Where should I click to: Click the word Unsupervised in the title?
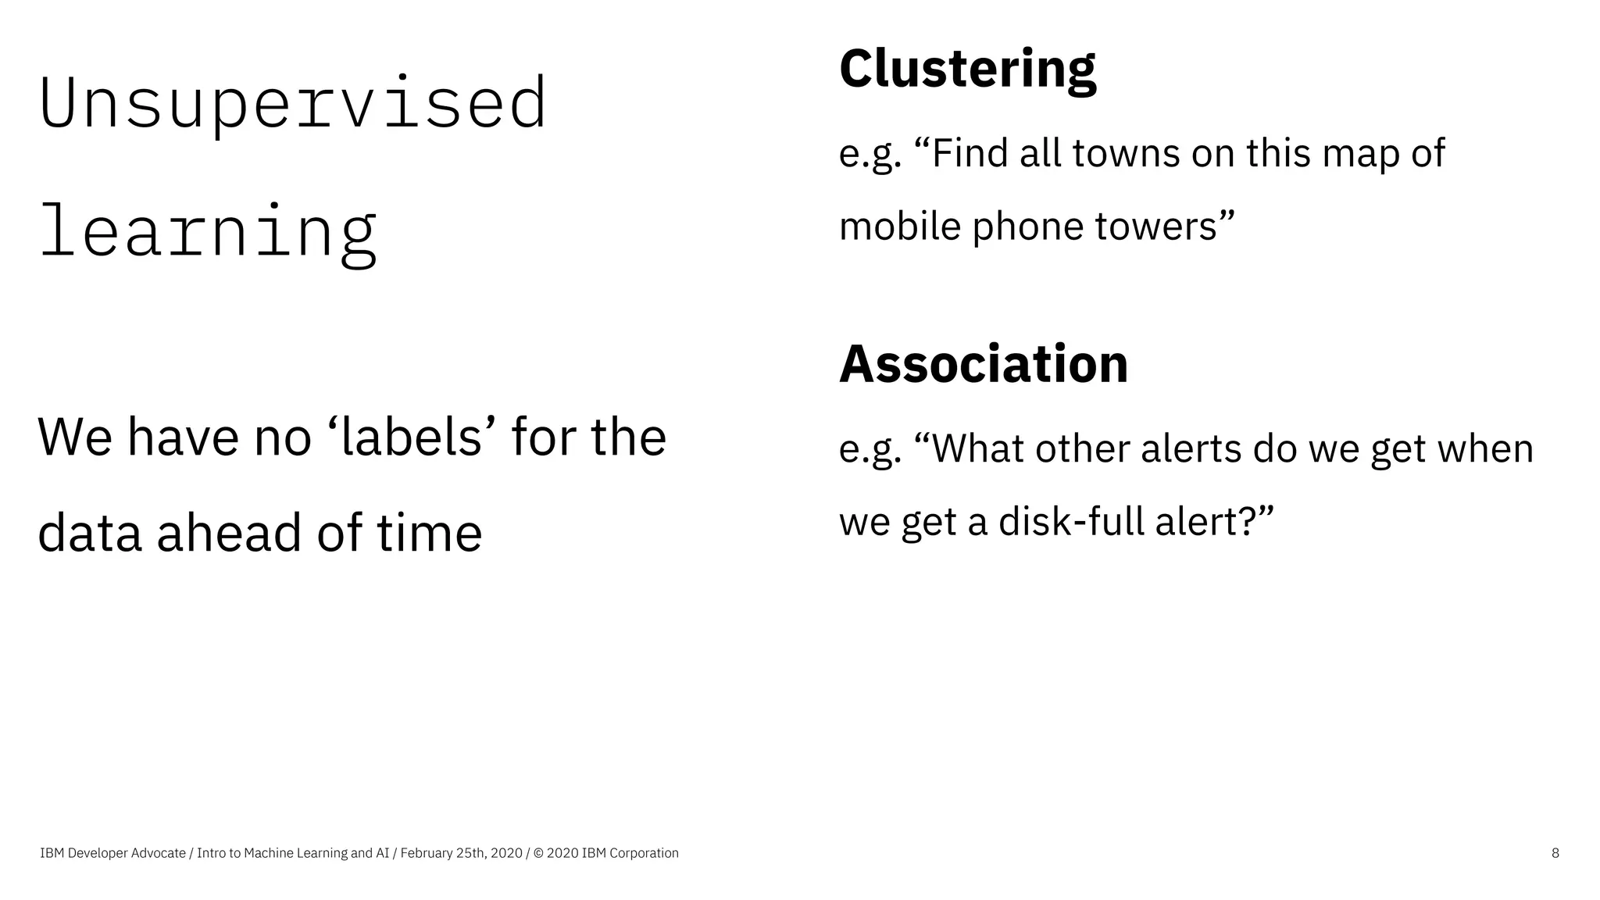(292, 105)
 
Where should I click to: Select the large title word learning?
(208, 232)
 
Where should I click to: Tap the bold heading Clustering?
(967, 69)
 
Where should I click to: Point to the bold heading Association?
(984, 364)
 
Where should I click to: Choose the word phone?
(1027, 227)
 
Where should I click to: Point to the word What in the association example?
(976, 448)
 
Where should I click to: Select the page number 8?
(1555, 853)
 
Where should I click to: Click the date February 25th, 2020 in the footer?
(461, 853)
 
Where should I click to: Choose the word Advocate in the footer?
(159, 853)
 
